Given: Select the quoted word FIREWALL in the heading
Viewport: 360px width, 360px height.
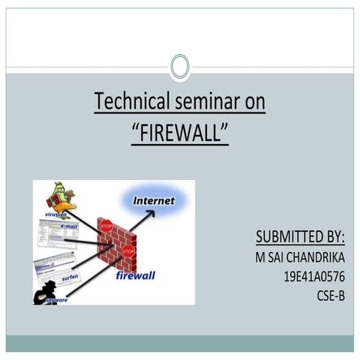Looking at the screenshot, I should pyautogui.click(x=179, y=132).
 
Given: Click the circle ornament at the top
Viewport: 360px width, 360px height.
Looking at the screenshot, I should pyautogui.click(x=180, y=67).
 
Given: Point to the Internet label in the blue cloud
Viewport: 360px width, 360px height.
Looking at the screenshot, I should pyautogui.click(x=153, y=201).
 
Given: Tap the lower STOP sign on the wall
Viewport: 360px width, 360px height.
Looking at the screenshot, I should pyautogui.click(x=128, y=250).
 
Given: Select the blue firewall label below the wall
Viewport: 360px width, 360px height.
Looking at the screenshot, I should pyautogui.click(x=135, y=275).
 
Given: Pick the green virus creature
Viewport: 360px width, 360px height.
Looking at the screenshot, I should pyautogui.click(x=59, y=198).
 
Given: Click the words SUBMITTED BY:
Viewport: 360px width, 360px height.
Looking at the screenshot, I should pyautogui.click(x=300, y=238).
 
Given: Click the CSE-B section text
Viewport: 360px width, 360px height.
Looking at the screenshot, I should pyautogui.click(x=330, y=295).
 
